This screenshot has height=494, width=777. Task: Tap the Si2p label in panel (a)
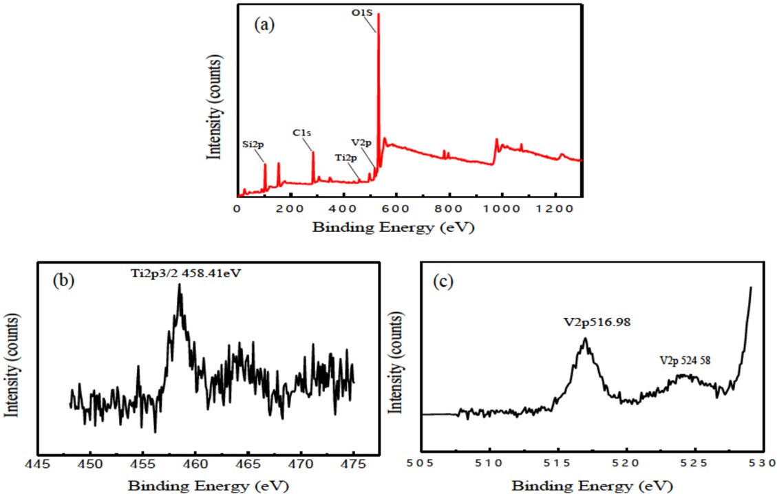252,145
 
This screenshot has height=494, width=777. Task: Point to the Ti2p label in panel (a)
346,158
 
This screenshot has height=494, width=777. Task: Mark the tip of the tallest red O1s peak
379,14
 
